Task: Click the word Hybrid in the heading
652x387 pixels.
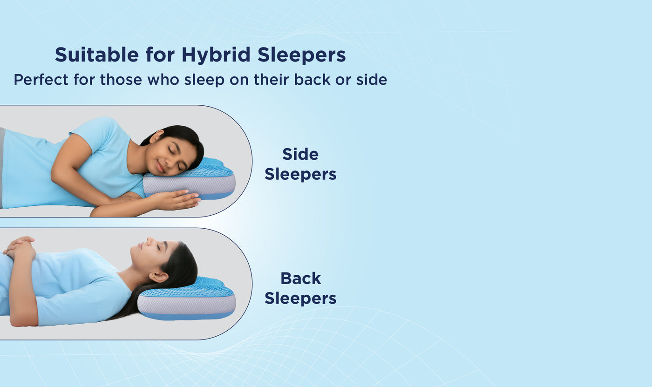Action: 216,55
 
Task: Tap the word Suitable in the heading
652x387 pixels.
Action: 97,54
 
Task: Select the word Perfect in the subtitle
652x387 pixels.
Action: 41,80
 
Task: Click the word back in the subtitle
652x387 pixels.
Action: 312,80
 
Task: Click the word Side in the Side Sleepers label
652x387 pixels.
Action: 300,154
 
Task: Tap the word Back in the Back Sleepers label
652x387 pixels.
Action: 301,278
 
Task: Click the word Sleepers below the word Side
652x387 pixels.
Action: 300,174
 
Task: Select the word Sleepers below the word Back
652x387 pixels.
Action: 300,299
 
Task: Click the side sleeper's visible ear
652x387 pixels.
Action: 157,136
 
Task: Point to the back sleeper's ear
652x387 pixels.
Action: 158,277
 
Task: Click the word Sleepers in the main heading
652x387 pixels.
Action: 302,55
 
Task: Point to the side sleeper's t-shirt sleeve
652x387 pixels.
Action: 93,131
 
